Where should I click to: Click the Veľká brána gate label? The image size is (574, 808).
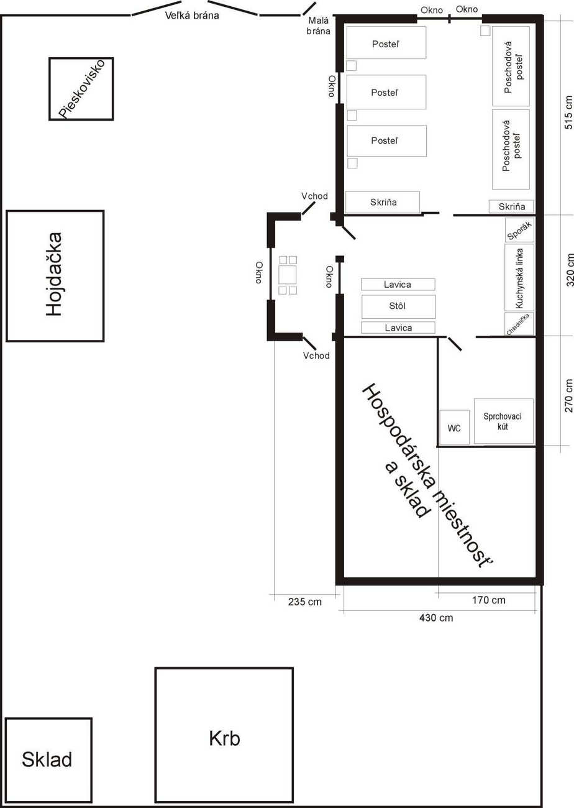point(192,16)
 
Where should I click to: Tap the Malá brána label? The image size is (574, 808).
point(318,26)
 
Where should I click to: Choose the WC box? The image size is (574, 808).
point(454,427)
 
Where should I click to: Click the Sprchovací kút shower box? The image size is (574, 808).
point(503,421)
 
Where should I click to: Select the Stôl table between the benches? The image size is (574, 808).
point(398,306)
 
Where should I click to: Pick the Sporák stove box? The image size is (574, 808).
point(519,230)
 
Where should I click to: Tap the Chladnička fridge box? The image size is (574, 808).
point(519,324)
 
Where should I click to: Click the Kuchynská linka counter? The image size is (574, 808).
point(519,277)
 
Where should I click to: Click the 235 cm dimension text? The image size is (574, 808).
point(305,602)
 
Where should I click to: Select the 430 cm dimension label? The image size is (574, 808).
point(436,618)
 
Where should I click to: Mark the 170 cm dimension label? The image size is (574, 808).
point(489,600)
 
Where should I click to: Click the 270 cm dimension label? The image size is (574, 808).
point(568,395)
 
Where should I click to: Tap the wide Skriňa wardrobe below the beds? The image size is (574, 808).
point(383,203)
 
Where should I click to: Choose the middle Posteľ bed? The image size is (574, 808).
point(386,92)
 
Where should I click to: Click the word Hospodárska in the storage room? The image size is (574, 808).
point(399,436)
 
